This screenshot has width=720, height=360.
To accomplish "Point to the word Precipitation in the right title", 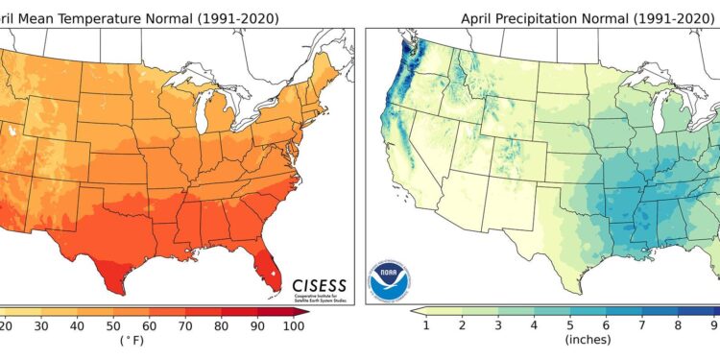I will tap(535, 17).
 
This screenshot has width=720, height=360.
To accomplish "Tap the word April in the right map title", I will tap(479, 17).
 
